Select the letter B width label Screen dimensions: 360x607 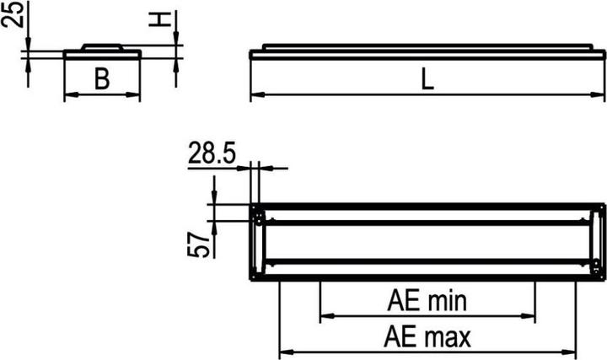102,80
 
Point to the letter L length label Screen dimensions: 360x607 427,80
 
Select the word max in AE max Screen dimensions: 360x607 447,337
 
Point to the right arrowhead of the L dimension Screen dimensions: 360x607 601,94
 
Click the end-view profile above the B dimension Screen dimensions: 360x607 102,51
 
